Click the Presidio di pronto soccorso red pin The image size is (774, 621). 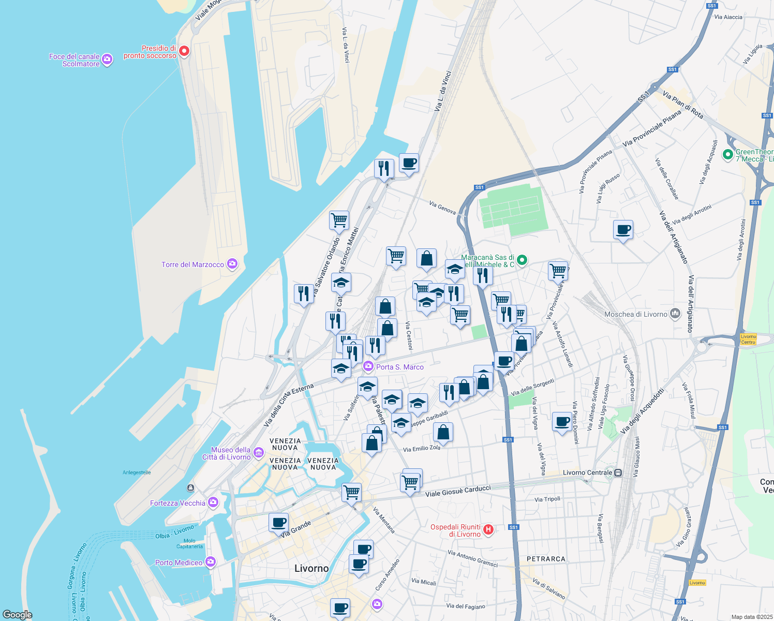click(x=184, y=51)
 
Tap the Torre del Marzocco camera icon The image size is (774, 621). click(x=232, y=264)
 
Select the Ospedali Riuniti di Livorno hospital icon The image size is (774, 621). click(x=488, y=529)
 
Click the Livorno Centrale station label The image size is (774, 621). click(x=588, y=472)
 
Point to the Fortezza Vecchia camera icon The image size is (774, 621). click(x=213, y=502)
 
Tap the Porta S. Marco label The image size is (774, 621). click(x=399, y=367)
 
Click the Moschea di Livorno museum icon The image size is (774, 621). click(x=675, y=314)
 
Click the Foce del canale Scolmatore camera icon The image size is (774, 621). click(x=107, y=60)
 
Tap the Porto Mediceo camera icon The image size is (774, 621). click(x=210, y=562)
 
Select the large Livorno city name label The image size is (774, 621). click(x=311, y=568)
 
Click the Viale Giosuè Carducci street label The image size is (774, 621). click(x=458, y=491)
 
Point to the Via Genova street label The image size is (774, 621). click(x=442, y=208)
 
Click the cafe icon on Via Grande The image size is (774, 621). click(x=278, y=522)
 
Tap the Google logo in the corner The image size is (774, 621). click(x=18, y=614)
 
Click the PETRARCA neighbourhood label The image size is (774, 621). click(x=546, y=559)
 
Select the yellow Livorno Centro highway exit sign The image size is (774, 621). click(x=748, y=339)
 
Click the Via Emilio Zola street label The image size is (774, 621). click(x=422, y=448)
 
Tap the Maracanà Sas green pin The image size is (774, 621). click(x=522, y=260)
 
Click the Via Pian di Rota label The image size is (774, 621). click(x=682, y=105)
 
